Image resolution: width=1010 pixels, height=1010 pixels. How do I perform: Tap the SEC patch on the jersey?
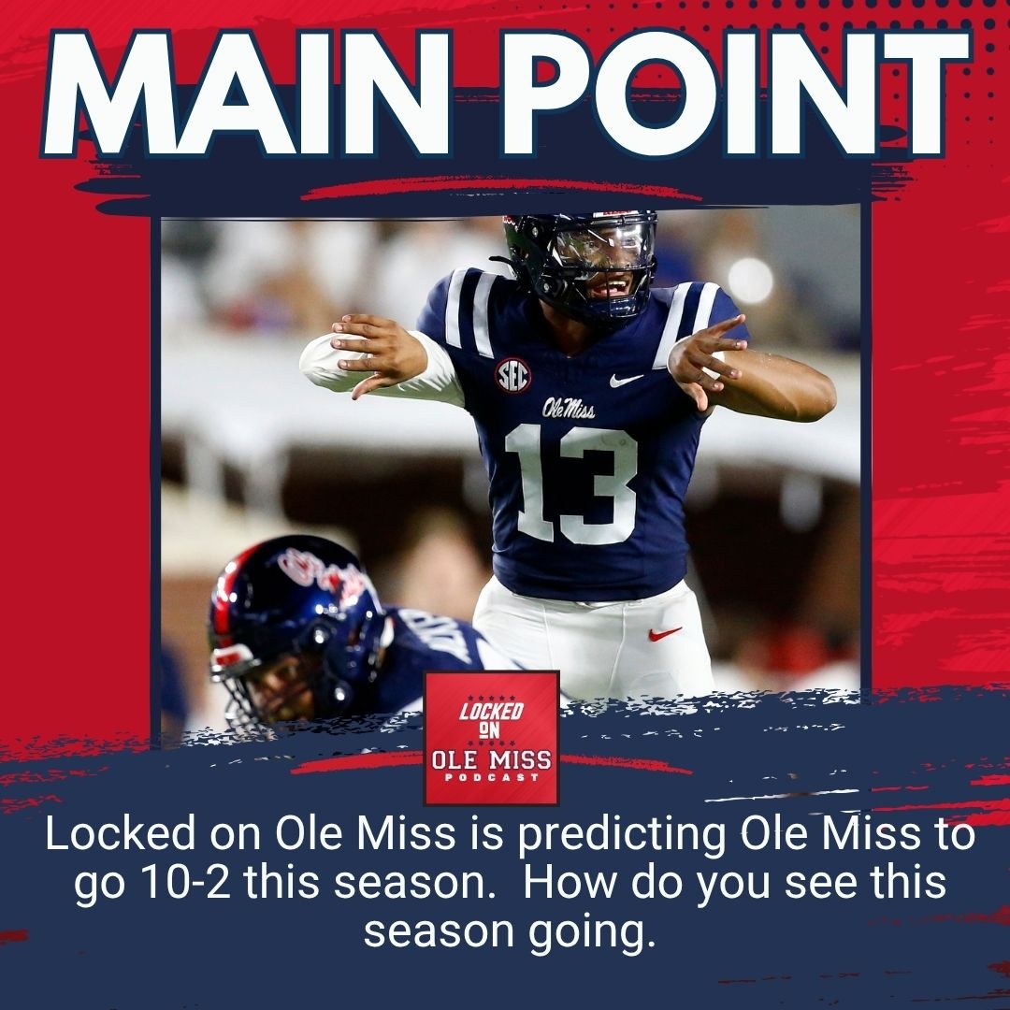click(x=512, y=375)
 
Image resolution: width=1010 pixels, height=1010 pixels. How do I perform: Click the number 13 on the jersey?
click(x=572, y=483)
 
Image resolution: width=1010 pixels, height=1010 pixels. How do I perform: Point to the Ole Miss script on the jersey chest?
click(x=570, y=408)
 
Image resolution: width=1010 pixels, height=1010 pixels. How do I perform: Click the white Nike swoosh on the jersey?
click(x=626, y=381)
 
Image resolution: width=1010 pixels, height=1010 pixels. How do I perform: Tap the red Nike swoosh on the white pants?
click(x=665, y=634)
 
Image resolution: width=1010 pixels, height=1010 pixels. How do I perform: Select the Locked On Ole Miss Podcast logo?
click(x=491, y=738)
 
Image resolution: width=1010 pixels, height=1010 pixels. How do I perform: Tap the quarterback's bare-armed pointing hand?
click(x=707, y=359)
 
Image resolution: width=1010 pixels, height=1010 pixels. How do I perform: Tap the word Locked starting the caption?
click(x=107, y=835)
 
